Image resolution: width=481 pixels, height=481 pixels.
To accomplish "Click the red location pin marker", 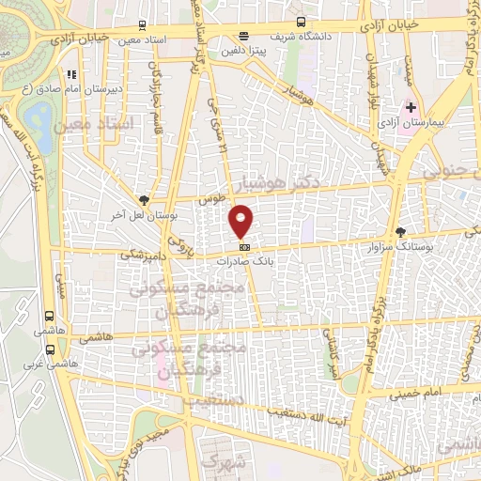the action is [x=241, y=220].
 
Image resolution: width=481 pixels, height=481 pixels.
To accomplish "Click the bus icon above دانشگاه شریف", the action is [x=301, y=21].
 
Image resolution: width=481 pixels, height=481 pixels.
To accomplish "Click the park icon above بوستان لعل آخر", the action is [x=143, y=199].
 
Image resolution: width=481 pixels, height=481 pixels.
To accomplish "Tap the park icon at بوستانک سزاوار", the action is [x=401, y=231].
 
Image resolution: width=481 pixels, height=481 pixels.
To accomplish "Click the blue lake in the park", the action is [x=40, y=118].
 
